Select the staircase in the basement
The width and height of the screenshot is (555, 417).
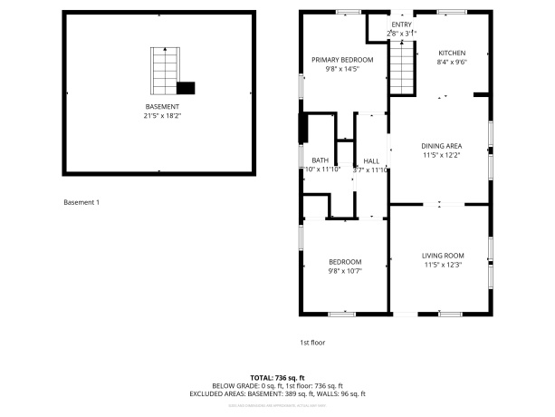click(163, 72)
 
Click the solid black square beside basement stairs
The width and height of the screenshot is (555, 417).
click(186, 88)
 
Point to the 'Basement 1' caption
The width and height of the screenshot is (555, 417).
click(81, 201)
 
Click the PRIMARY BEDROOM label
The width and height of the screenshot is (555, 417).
click(342, 60)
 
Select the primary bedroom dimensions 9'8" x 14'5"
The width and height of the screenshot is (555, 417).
click(342, 69)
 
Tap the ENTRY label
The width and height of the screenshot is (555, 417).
click(401, 24)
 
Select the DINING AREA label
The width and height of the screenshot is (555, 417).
click(442, 146)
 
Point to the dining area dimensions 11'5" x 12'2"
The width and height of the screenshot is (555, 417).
click(442, 156)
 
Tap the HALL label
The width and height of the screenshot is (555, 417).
click(371, 160)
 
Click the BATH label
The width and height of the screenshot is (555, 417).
click(321, 160)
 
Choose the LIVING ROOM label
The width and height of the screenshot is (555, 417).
click(443, 256)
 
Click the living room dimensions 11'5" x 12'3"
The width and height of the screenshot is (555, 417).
click(443, 266)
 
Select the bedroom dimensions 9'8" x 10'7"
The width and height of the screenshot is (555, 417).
click(345, 270)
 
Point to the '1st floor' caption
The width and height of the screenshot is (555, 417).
click(312, 342)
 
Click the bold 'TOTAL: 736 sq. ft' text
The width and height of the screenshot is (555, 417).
click(277, 377)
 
